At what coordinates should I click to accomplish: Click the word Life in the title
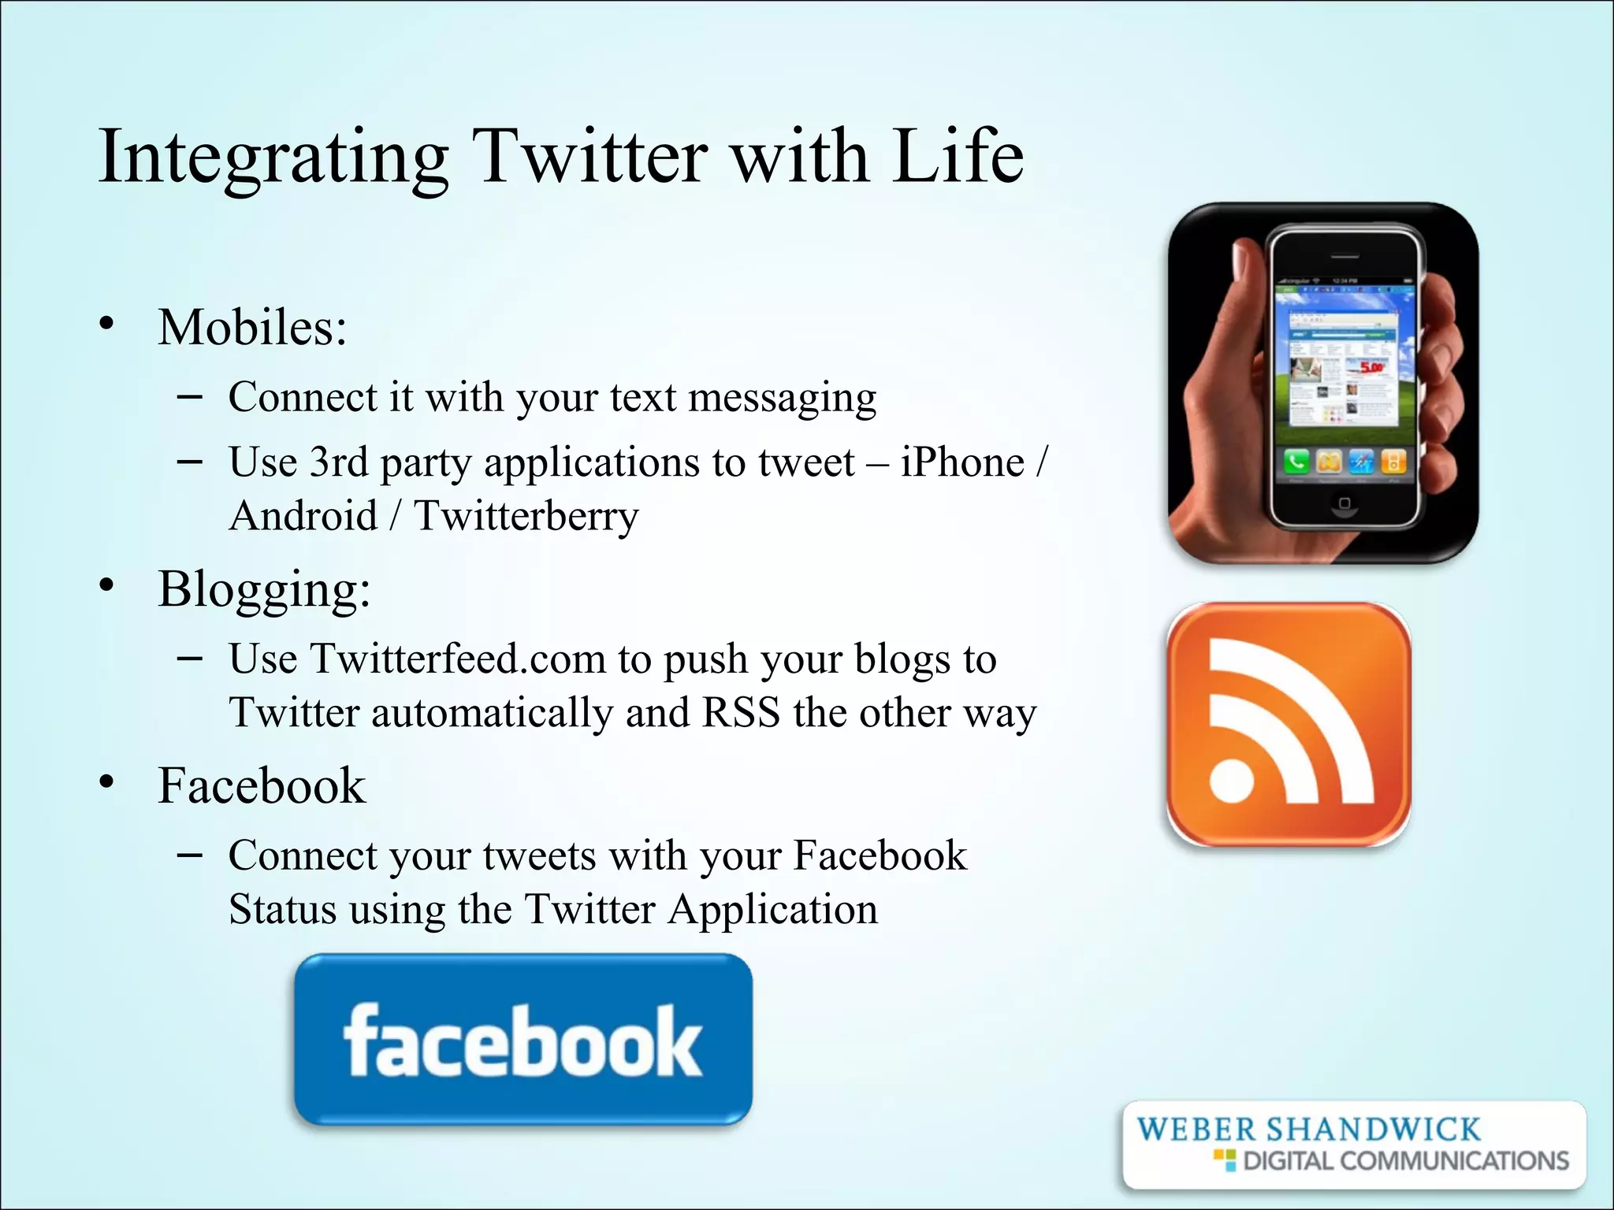pyautogui.click(x=958, y=157)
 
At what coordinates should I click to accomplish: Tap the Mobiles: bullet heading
pyautogui.click(x=252, y=327)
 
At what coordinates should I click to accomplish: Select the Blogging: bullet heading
pyautogui.click(x=264, y=589)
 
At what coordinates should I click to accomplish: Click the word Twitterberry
pyautogui.click(x=526, y=517)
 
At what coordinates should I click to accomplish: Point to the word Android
pyautogui.click(x=303, y=517)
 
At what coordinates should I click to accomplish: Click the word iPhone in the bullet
pyautogui.click(x=962, y=462)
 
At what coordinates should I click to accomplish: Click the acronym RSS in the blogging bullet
pyautogui.click(x=741, y=713)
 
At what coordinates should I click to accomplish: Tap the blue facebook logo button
pyautogui.click(x=523, y=1040)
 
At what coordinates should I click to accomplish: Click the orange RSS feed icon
pyautogui.click(x=1289, y=725)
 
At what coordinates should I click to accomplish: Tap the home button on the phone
pyautogui.click(x=1344, y=503)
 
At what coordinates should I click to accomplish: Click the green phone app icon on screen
pyautogui.click(x=1296, y=462)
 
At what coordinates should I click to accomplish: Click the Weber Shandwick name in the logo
pyautogui.click(x=1308, y=1130)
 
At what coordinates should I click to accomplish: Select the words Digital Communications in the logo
pyautogui.click(x=1406, y=1161)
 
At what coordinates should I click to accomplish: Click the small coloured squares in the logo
pyautogui.click(x=1225, y=1160)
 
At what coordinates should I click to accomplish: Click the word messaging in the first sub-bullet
pyautogui.click(x=782, y=398)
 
